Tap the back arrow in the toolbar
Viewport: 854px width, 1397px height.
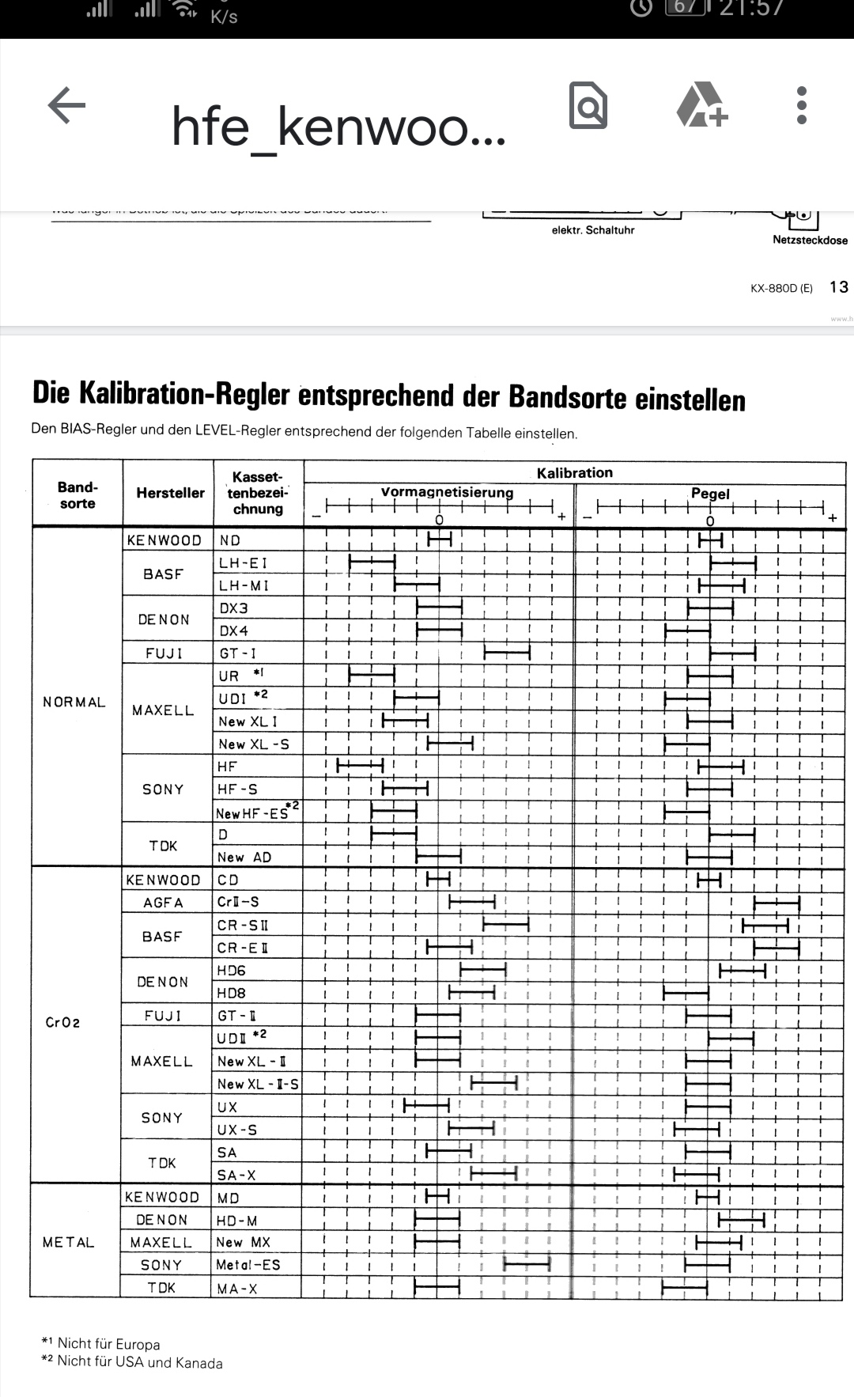click(x=66, y=105)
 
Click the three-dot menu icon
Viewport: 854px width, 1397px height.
click(x=801, y=105)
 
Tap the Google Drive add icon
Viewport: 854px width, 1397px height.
click(x=701, y=105)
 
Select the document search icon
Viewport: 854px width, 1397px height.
click(x=588, y=105)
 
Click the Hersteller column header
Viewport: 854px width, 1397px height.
click(x=170, y=493)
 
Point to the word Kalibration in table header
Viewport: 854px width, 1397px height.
click(x=575, y=473)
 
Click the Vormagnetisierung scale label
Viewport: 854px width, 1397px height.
click(x=447, y=492)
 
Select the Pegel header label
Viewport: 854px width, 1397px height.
click(x=710, y=494)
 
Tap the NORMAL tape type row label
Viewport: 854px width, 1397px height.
click(x=74, y=702)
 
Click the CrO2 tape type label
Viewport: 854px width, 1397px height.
click(x=62, y=1022)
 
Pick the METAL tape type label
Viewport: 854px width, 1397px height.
click(x=68, y=1243)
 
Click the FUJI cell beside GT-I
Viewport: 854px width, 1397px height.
click(x=164, y=653)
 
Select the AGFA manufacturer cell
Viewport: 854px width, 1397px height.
click(x=163, y=903)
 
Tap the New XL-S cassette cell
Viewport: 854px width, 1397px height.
click(x=254, y=744)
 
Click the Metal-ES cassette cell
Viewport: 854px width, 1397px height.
click(x=248, y=1265)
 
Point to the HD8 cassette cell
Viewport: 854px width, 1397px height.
click(x=232, y=993)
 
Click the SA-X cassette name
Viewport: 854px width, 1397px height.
click(x=236, y=1176)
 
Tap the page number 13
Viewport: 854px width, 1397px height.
click(x=838, y=287)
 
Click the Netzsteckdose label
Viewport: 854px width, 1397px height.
click(x=810, y=240)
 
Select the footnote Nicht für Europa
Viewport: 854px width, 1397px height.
click(x=108, y=1344)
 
